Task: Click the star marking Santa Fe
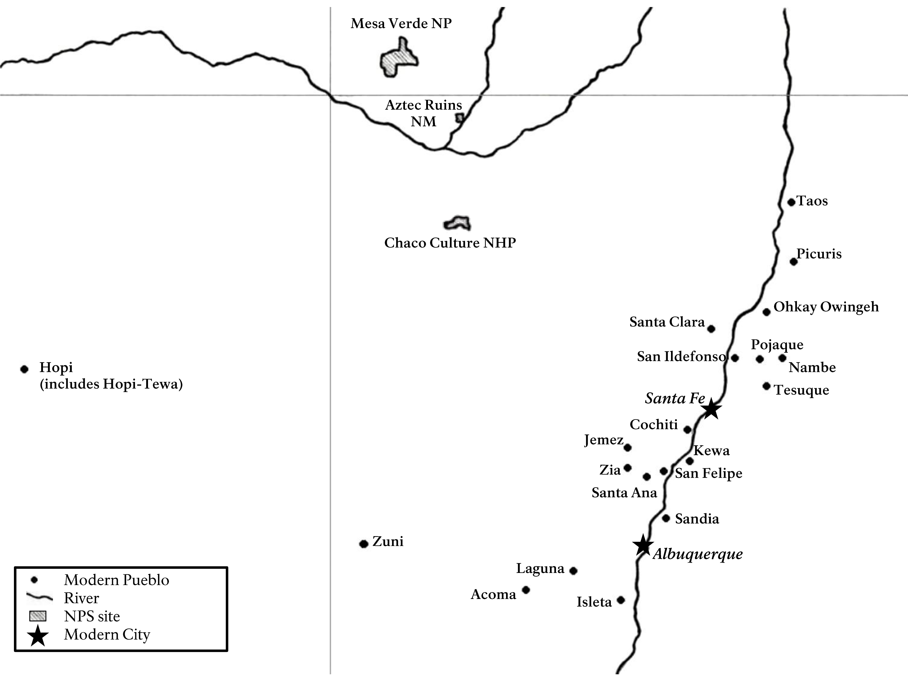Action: point(711,409)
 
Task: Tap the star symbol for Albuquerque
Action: point(643,545)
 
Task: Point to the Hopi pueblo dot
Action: point(24,369)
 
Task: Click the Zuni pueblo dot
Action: point(363,544)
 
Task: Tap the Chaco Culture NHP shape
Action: point(457,223)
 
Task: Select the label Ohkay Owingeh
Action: point(826,307)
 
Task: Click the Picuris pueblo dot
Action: point(794,262)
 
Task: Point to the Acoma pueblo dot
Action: point(526,590)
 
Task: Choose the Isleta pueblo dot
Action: point(621,600)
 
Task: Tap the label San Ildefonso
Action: point(681,356)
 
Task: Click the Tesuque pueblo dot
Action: point(766,386)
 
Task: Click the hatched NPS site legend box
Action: point(38,616)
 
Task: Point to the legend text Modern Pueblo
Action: point(117,580)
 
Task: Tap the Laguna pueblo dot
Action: point(574,571)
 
